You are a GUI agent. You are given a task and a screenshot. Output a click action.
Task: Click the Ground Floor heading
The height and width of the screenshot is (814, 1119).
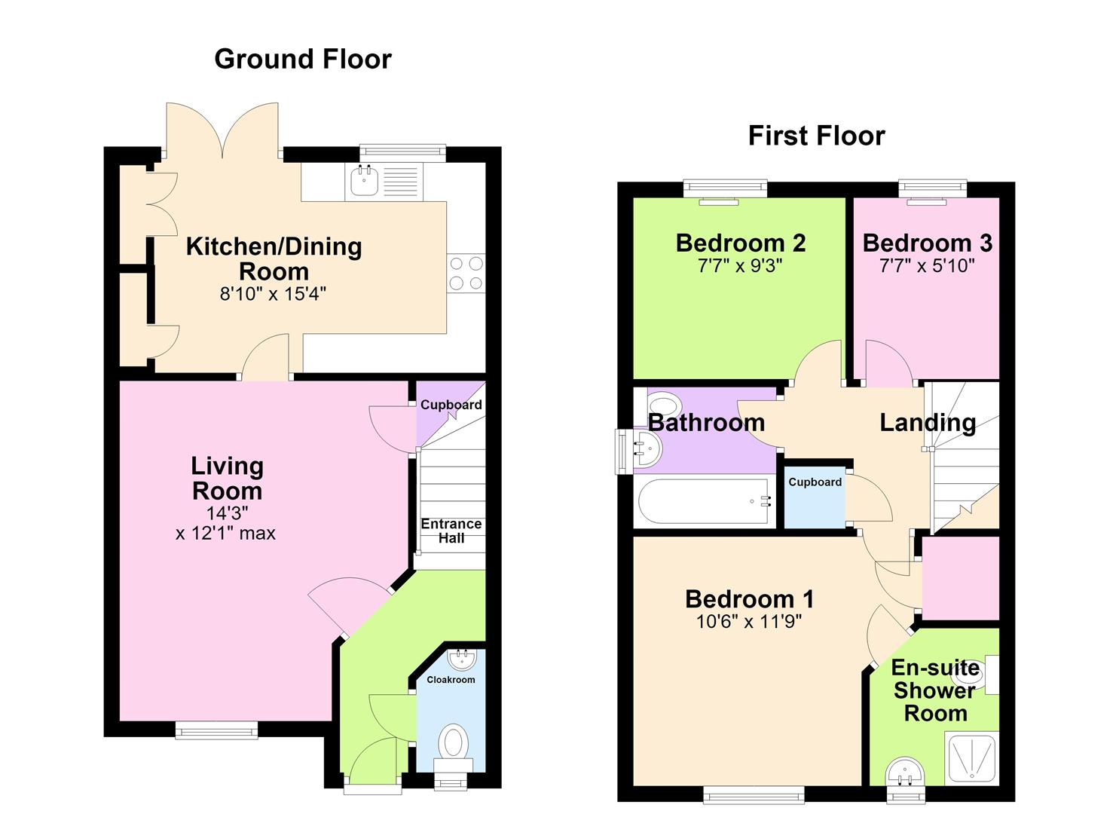[x=303, y=59]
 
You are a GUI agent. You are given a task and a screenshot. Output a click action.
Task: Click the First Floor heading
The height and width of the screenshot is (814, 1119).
[x=816, y=136]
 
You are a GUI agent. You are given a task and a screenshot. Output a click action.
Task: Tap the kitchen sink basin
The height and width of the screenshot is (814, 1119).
[x=364, y=182]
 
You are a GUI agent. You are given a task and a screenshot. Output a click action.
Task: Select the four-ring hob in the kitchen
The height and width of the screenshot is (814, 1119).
[x=466, y=273]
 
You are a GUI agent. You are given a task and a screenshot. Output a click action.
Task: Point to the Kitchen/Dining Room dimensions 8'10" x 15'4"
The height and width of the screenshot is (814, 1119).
[x=273, y=294]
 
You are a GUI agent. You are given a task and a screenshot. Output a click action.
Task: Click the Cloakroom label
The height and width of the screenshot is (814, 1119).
[x=451, y=680]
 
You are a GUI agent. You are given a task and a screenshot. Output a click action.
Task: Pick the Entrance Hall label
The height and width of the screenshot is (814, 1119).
[x=451, y=531]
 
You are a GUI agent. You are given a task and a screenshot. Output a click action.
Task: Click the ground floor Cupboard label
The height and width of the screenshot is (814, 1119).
[x=451, y=404]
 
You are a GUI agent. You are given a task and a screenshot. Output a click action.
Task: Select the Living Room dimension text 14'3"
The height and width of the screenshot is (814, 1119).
[x=228, y=513]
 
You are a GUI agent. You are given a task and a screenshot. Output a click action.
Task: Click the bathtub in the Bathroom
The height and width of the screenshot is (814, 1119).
[x=705, y=501]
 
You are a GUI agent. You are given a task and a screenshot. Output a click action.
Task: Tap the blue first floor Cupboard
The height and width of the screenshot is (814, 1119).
[x=815, y=497]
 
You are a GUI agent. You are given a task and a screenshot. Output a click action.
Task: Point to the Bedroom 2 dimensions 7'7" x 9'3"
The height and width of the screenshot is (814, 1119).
[x=740, y=265]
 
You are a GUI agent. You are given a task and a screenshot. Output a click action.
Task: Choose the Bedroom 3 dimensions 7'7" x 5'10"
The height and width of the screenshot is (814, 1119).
[x=927, y=265]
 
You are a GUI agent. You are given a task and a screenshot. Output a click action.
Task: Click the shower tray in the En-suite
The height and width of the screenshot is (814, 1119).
[x=971, y=757]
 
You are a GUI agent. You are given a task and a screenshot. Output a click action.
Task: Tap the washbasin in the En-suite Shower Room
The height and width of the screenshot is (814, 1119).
[x=905, y=773]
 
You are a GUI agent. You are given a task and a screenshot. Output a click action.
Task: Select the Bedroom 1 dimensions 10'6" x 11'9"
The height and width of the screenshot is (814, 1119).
[x=749, y=622]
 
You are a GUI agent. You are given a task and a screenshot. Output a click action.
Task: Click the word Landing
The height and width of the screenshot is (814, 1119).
[x=928, y=423]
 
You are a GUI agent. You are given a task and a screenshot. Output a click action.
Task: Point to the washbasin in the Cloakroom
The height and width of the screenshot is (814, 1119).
[x=459, y=659]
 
